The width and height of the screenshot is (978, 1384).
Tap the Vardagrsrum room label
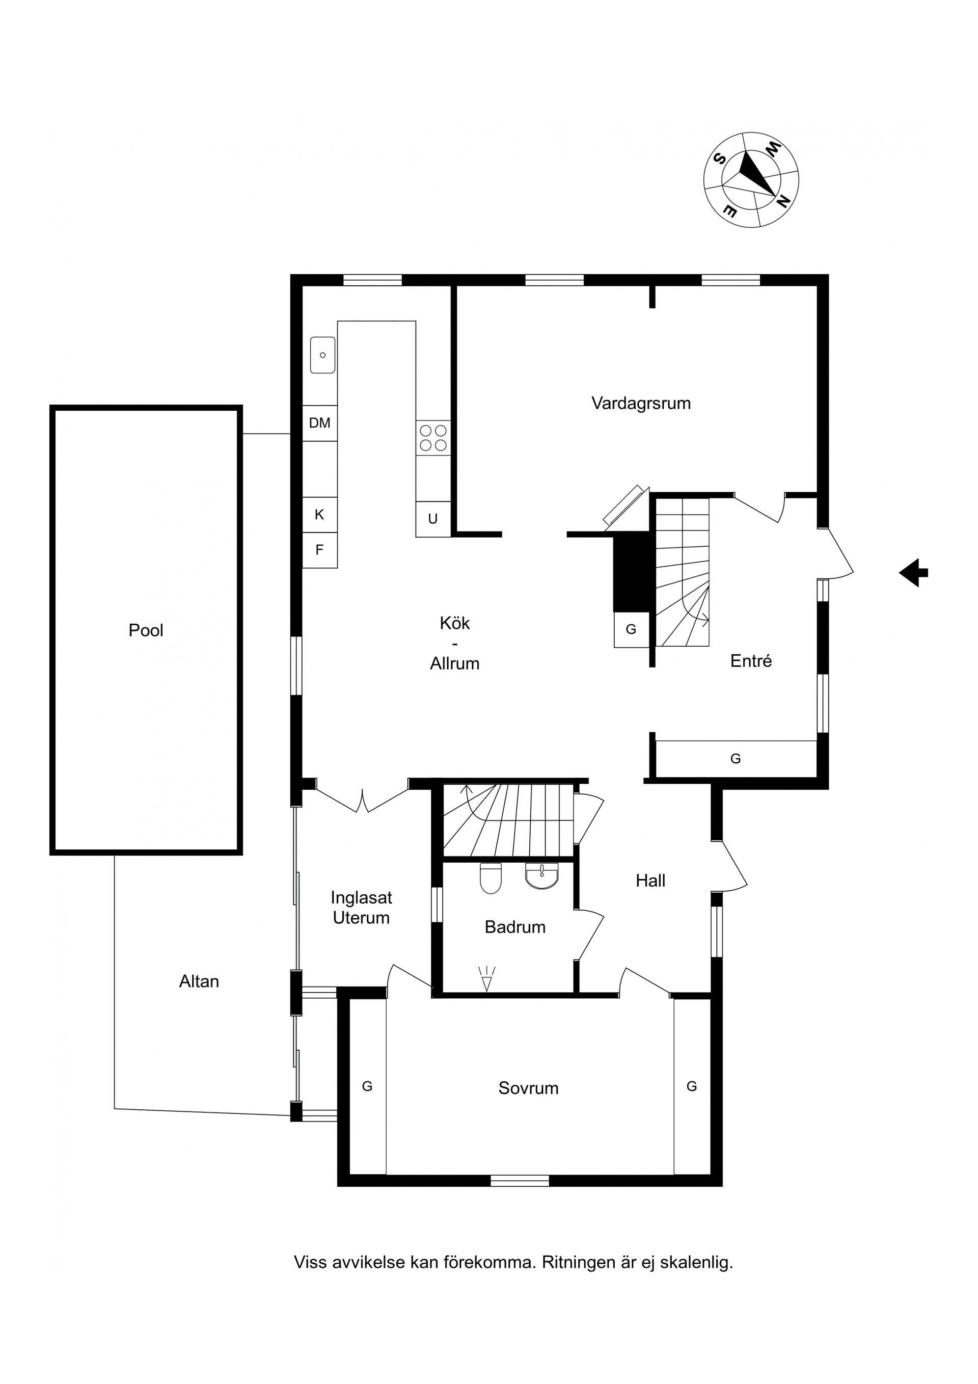641,403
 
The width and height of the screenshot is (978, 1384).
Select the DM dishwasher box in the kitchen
319,423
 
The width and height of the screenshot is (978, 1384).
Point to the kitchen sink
322,355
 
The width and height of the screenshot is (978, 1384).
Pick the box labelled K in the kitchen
319,515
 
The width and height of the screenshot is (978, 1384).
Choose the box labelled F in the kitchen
319,550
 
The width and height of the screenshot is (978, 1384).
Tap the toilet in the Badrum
491,879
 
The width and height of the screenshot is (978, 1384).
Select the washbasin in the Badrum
542,876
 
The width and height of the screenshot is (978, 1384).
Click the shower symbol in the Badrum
486,978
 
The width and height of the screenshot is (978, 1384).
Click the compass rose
751,180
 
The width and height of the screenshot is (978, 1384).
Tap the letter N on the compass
783,202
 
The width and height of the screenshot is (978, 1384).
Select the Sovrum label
528,1088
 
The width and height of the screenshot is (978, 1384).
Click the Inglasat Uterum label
362,908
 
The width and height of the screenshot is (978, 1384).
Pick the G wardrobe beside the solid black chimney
632,629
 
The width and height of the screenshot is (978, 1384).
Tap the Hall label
651,881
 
